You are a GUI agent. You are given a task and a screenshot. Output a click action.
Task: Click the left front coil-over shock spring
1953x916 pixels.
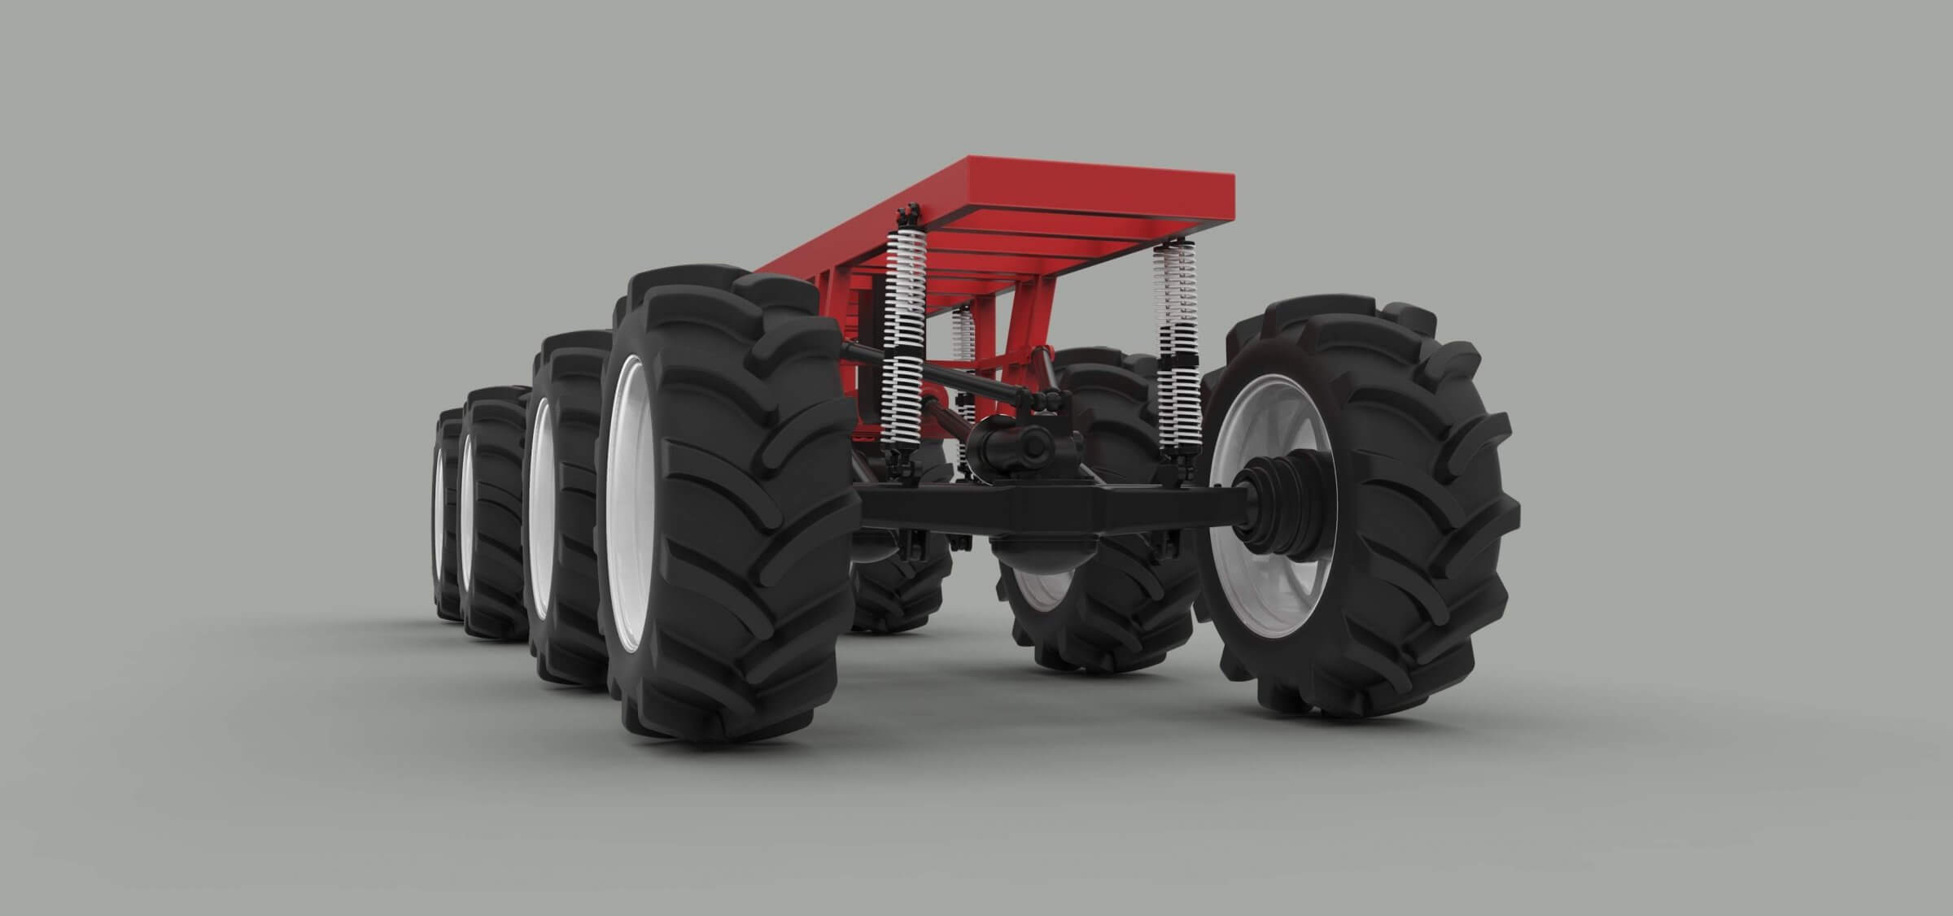pos(902,342)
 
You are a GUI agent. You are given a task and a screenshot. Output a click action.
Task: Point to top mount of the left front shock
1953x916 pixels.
pos(909,216)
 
